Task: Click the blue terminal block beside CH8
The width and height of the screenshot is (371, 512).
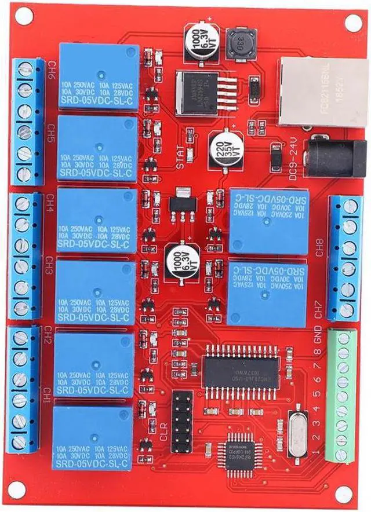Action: (345, 258)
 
